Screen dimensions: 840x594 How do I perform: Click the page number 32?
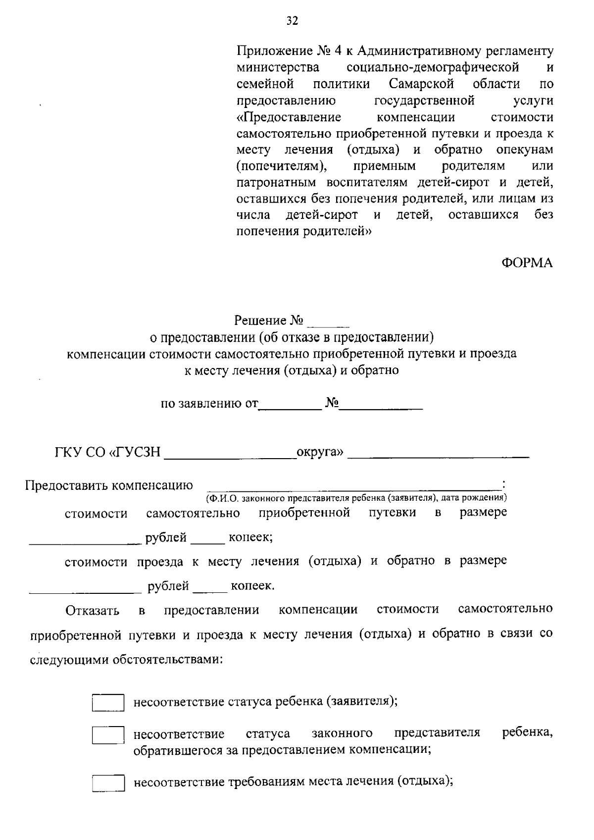pyautogui.click(x=292, y=20)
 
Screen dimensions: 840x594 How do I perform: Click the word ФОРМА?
pyautogui.click(x=527, y=263)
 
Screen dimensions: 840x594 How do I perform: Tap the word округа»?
pyautogui.click(x=319, y=452)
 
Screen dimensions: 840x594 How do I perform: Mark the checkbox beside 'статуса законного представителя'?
pyautogui.click(x=108, y=735)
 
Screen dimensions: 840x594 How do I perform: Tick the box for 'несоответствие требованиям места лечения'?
pyautogui.click(x=108, y=784)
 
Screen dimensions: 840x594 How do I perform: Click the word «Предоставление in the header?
pyautogui.click(x=289, y=117)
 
